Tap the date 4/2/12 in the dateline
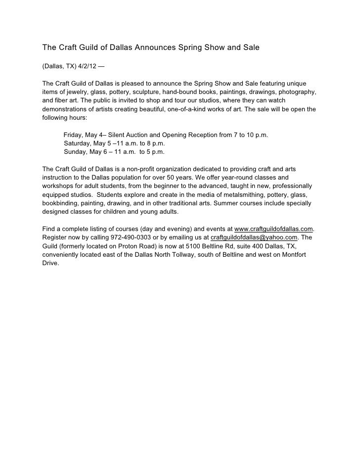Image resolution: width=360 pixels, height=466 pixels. [x=87, y=66]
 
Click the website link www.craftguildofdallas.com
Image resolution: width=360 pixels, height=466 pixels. [x=273, y=229]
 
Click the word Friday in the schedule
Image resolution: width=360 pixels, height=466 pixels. [x=75, y=135]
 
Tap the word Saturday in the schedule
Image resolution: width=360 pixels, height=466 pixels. [x=80, y=143]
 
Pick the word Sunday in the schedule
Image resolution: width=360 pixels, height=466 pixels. [x=77, y=151]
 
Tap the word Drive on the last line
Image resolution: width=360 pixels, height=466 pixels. [x=50, y=263]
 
